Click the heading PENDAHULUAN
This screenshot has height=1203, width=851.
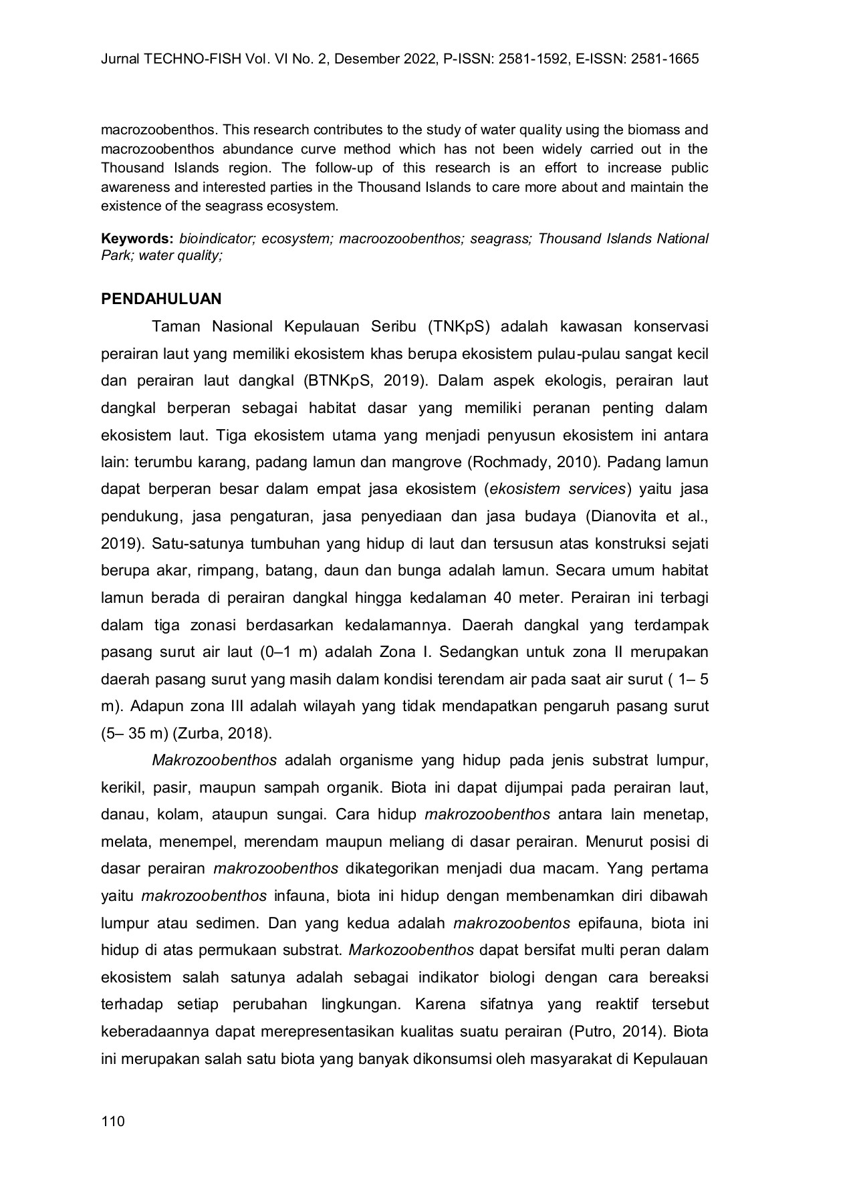161,299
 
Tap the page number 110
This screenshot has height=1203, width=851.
113,1121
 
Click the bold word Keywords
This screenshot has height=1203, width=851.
137,239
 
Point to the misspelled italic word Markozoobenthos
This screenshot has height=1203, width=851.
412,950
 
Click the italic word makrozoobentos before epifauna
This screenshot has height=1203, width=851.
512,923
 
